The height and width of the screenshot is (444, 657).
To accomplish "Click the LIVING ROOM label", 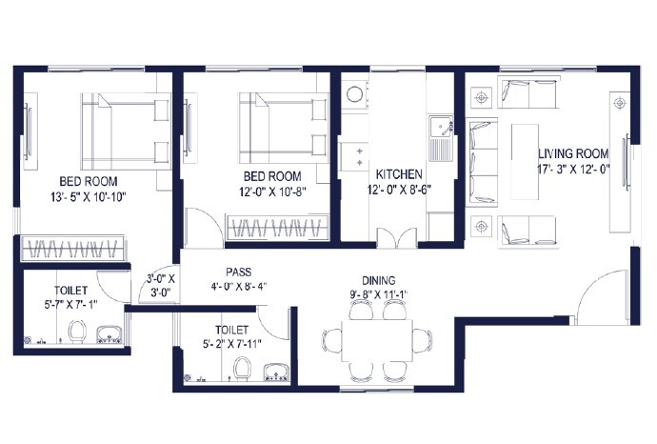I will [573, 153].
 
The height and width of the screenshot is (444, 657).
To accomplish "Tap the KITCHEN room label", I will [399, 175].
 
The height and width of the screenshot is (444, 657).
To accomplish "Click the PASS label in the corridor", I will [238, 271].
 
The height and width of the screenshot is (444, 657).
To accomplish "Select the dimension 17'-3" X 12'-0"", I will [574, 169].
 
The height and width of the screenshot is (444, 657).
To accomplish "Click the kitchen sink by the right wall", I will [441, 127].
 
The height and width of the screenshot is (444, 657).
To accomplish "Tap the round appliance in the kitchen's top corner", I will [355, 93].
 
